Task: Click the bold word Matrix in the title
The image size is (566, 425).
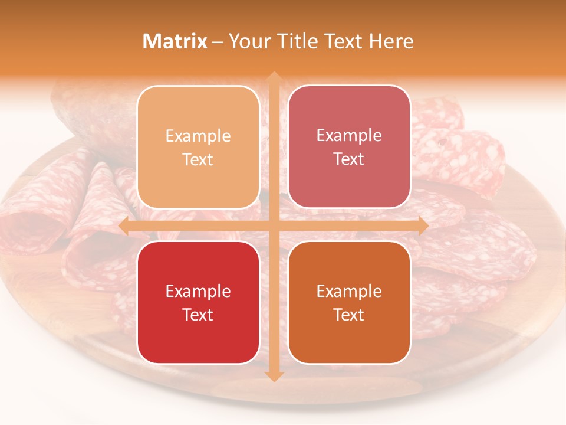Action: pos(175,41)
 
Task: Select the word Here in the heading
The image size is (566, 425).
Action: pos(391,41)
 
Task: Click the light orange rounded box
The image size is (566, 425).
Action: pos(198,147)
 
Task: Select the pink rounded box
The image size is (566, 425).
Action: pos(349,147)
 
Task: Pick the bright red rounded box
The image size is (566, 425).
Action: pos(198,302)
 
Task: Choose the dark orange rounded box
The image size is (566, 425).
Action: pos(349,302)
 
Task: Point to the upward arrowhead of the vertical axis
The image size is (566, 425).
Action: pos(274,77)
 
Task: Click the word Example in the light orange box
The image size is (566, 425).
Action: pos(198,136)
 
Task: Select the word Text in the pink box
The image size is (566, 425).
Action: pos(349,159)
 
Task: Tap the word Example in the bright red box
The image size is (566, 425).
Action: pos(198,291)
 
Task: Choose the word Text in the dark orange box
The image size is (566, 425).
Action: pos(349,315)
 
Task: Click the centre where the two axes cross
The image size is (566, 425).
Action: pos(274,225)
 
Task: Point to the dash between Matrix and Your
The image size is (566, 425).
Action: pos(218,42)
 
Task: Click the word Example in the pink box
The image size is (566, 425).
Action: pos(349,136)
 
